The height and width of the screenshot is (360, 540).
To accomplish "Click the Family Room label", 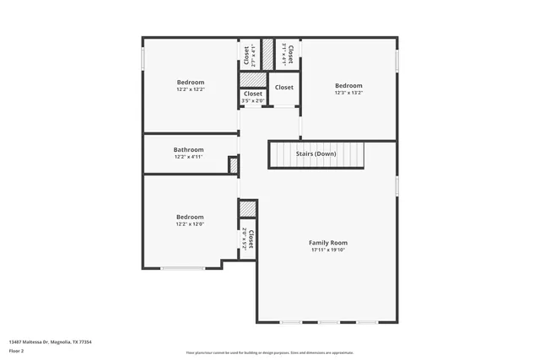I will click(x=328, y=243).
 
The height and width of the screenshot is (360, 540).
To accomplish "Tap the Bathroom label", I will click(x=189, y=149).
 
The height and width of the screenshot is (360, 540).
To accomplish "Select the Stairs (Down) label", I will click(x=316, y=153).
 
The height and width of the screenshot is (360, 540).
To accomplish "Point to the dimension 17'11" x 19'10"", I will click(x=328, y=250).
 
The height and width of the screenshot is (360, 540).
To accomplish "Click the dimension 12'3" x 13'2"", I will click(x=348, y=93).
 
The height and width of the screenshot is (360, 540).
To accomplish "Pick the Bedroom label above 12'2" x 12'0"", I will click(x=190, y=217).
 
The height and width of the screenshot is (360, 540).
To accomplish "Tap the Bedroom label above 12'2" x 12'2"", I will click(x=190, y=82).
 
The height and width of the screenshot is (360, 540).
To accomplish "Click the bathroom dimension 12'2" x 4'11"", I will click(x=189, y=157).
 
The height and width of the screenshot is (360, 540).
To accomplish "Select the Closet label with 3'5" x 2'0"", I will click(x=253, y=94).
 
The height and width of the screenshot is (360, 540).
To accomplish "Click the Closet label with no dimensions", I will click(x=284, y=87).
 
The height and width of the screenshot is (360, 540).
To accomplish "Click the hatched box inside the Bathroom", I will click(x=234, y=165).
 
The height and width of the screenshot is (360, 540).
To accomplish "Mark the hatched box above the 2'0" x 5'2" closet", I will click(x=247, y=208).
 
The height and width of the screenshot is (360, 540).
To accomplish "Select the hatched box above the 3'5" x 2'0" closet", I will click(x=252, y=79).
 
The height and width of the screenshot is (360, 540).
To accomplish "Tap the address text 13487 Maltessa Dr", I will click(x=50, y=341).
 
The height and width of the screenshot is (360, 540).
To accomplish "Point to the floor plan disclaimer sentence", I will click(x=270, y=352).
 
